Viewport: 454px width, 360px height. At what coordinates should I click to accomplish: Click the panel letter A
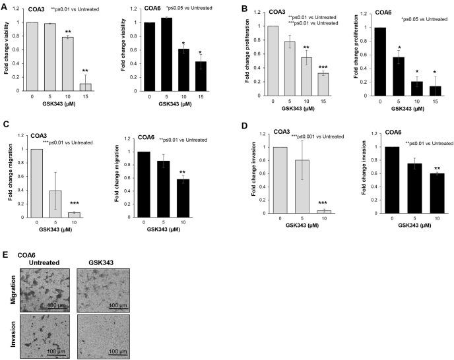[5, 7]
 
